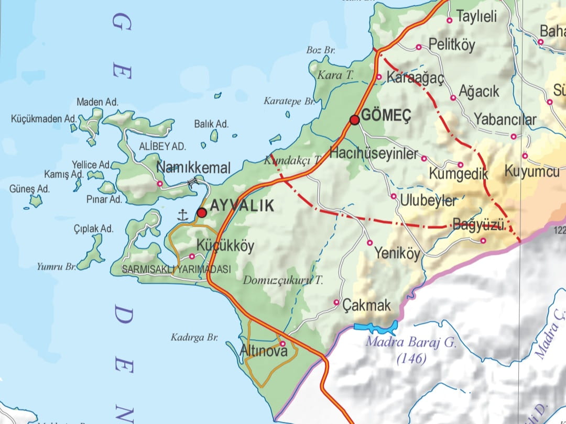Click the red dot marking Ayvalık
coord(202,213)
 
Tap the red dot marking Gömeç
coord(355,120)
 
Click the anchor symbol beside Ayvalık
coord(183,214)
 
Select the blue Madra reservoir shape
coord(376,327)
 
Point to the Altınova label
coord(264,352)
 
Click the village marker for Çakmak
coord(336,303)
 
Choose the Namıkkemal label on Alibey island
coord(193,168)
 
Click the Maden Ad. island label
coord(97,102)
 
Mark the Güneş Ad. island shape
coord(36,200)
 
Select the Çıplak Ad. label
coord(94,229)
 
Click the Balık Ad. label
coord(211,124)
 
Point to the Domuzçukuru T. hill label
coord(283,281)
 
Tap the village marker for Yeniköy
coord(369,243)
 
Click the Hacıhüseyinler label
coord(374,154)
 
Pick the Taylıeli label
coord(476,17)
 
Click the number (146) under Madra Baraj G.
coord(411,359)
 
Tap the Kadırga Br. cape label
coord(194,338)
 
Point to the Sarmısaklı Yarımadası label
coord(176,270)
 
